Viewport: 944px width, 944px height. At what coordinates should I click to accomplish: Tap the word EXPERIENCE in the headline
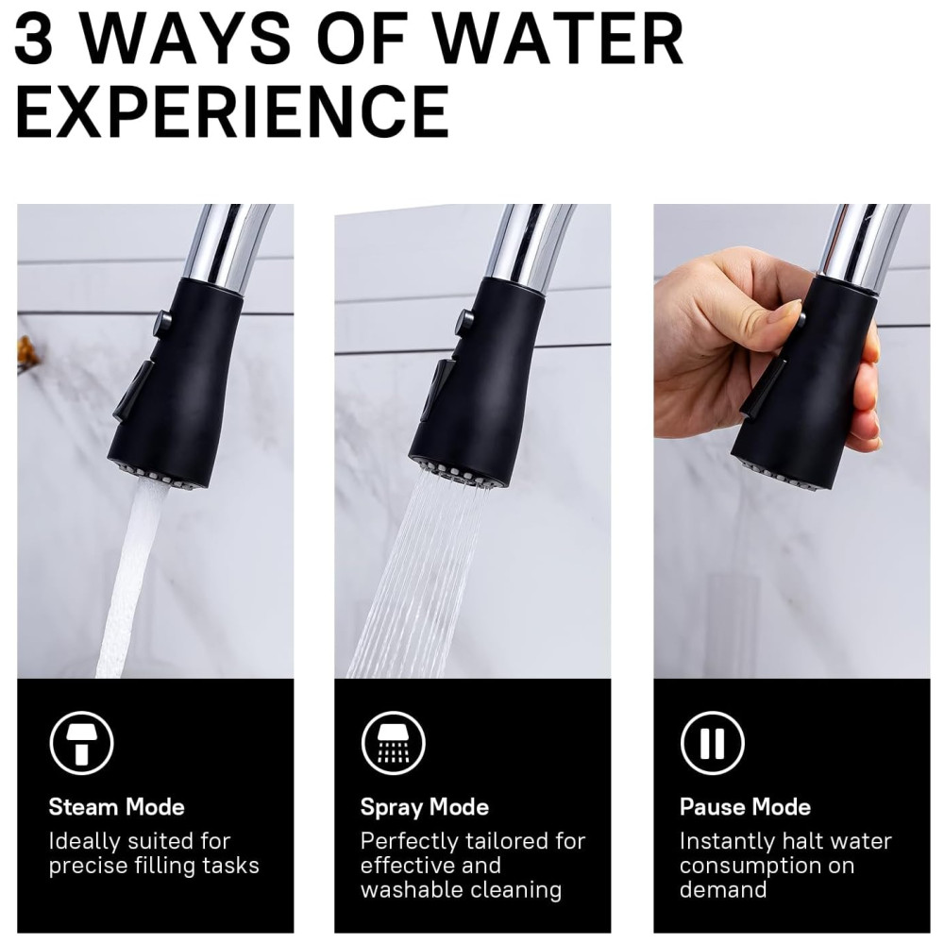tap(232, 111)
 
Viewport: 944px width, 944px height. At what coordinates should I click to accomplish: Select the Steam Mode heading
tap(116, 807)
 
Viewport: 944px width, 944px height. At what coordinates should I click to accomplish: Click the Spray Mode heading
tap(425, 808)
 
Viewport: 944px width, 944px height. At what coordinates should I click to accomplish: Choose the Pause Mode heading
tap(745, 807)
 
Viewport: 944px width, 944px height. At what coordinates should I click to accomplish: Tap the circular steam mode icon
tap(81, 743)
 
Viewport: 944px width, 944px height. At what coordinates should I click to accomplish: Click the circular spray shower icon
tap(393, 743)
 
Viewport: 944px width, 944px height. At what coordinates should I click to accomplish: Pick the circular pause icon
tap(712, 743)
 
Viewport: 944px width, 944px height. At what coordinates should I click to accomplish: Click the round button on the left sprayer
tap(162, 322)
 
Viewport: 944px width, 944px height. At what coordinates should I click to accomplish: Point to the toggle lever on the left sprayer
tap(134, 392)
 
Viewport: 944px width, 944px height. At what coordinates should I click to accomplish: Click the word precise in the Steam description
tap(87, 866)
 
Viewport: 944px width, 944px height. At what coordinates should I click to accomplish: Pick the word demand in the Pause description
tap(723, 889)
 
